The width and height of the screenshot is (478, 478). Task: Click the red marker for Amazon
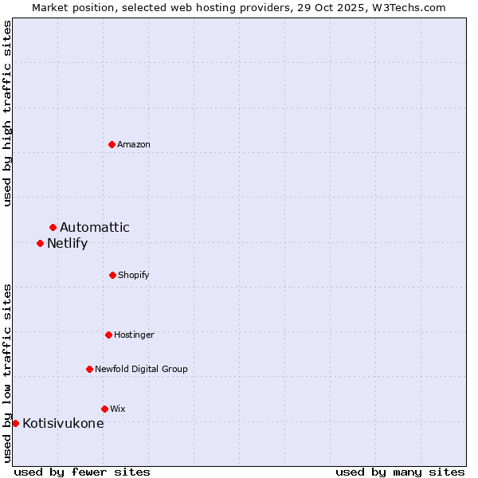coord(112,144)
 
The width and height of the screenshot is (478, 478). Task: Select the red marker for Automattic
coord(53,228)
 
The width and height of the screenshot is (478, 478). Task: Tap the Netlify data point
coord(40,243)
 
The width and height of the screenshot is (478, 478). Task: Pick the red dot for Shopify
coord(112,275)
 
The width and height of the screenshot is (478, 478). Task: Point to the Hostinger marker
coord(108,335)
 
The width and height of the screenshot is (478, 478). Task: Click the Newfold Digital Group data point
coord(89,369)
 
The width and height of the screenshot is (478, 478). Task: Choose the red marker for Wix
coord(104,409)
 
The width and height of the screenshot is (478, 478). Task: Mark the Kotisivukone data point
coord(15,423)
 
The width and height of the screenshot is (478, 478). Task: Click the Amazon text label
coord(134,144)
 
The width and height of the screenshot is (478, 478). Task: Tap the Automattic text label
coord(95,228)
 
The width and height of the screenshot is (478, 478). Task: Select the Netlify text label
coord(67,244)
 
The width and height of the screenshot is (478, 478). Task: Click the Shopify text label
coord(134,275)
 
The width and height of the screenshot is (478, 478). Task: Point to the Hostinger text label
coord(134,335)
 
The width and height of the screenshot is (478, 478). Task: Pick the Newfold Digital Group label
coord(141,369)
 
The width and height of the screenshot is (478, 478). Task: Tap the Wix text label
coord(118,409)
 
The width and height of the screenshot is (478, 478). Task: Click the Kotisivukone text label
coord(63,424)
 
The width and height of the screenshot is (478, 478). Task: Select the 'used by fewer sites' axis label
coord(82,472)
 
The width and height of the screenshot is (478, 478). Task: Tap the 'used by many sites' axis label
coord(400,472)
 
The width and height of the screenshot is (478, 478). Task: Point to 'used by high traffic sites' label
coord(8,113)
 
